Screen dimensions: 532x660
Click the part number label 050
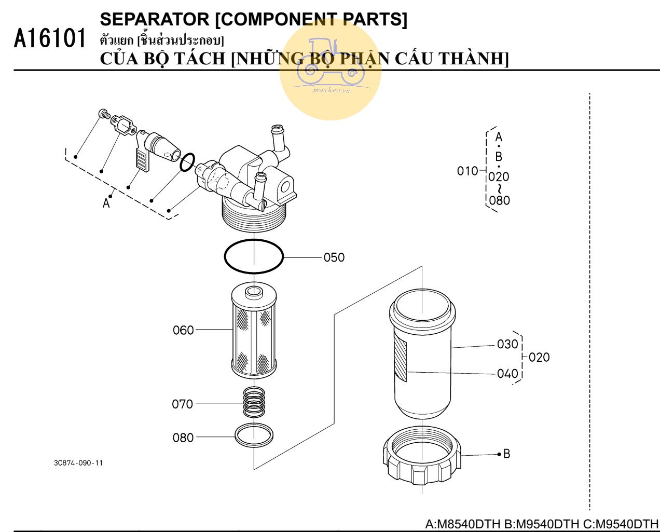point(334,257)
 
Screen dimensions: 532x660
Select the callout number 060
point(183,330)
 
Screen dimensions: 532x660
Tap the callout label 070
point(183,404)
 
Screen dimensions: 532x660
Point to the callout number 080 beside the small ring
point(183,438)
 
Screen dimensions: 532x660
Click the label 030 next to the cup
point(507,344)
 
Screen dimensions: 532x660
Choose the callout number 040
point(507,374)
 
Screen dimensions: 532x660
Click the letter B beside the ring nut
point(507,454)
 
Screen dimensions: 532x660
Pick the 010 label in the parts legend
point(467,171)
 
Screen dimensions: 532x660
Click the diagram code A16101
point(50,39)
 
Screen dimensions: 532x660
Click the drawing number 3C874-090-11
point(78,463)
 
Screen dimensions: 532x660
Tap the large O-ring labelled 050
point(254,255)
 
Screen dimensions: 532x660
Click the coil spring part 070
point(254,402)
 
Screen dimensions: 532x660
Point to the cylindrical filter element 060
point(254,332)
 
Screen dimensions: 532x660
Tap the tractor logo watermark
point(331,67)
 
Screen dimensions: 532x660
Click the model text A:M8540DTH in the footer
point(463,524)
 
